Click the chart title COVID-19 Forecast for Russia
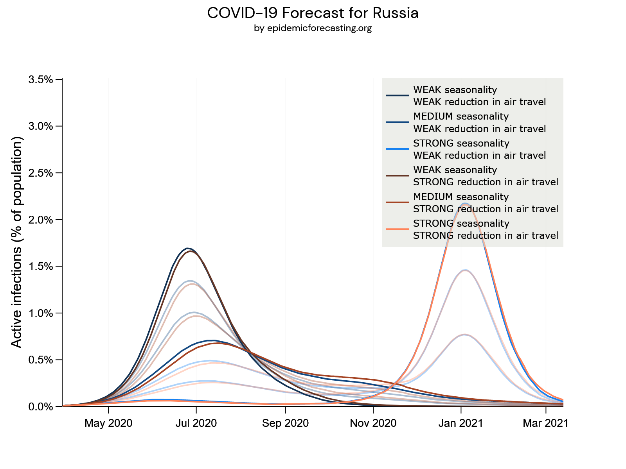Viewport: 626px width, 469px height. (x=313, y=13)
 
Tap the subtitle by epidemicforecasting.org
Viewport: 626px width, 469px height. (x=313, y=28)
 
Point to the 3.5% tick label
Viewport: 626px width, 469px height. (x=41, y=79)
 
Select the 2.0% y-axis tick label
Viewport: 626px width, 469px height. (x=41, y=220)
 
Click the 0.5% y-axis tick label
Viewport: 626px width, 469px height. (x=41, y=360)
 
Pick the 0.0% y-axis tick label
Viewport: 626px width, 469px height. (x=41, y=406)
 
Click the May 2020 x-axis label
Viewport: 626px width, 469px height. (x=108, y=423)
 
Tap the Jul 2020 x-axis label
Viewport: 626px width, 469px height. (x=196, y=423)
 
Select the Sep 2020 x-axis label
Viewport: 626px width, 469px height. (x=286, y=423)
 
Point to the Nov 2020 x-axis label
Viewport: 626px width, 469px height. (x=373, y=423)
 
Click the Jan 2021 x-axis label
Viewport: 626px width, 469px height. (x=461, y=423)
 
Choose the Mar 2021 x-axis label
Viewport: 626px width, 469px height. (x=546, y=423)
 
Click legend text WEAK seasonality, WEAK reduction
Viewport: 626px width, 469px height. (x=479, y=96)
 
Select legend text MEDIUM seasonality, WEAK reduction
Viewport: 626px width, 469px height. (x=479, y=122)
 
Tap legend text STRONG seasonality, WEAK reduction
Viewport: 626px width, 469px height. (x=479, y=149)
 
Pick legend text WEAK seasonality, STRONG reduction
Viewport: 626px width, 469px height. (x=486, y=176)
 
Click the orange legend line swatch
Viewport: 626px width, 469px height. (x=397, y=229)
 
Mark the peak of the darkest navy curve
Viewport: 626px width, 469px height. (x=187, y=248)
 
